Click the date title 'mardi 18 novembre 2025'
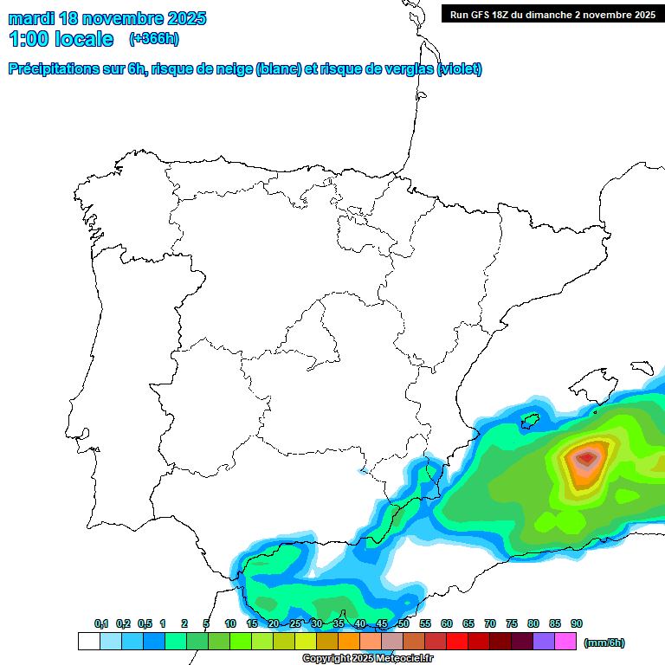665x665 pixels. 107,18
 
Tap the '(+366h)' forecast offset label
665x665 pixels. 154,39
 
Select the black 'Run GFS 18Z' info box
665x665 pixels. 552,15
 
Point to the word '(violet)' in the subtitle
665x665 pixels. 460,69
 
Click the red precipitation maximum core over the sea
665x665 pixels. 588,456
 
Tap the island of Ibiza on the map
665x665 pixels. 530,422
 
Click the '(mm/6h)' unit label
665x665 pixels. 604,642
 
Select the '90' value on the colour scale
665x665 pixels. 577,623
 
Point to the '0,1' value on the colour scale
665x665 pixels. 101,623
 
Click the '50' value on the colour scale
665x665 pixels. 404,623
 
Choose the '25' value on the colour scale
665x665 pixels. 295,623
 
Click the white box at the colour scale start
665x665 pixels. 88,642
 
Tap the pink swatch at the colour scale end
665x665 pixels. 565,642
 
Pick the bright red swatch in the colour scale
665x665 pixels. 457,642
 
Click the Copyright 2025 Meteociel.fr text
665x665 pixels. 367,659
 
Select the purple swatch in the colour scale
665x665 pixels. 544,642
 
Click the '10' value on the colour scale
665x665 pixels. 230,623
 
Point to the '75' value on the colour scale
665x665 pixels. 512,623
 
